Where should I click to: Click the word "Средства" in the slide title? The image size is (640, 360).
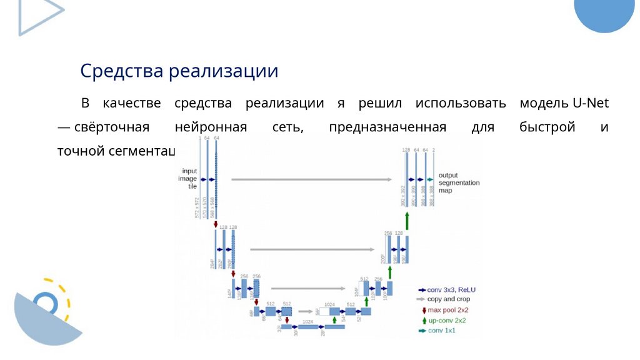click(x=121, y=70)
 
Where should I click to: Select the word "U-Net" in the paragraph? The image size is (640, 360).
click(x=591, y=103)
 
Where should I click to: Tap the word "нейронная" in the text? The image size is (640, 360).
click(x=211, y=127)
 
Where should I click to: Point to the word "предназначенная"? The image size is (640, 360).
click(x=387, y=127)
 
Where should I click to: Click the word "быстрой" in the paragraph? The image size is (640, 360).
click(x=547, y=127)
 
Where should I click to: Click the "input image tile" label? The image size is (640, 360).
click(x=189, y=179)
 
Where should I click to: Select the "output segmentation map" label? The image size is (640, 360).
click(x=459, y=182)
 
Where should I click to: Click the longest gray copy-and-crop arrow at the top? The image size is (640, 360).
click(x=312, y=179)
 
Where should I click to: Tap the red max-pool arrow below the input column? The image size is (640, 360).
click(x=216, y=223)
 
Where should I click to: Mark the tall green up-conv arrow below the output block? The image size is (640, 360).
click(x=407, y=220)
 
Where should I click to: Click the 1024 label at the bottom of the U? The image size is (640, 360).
click(x=308, y=321)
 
